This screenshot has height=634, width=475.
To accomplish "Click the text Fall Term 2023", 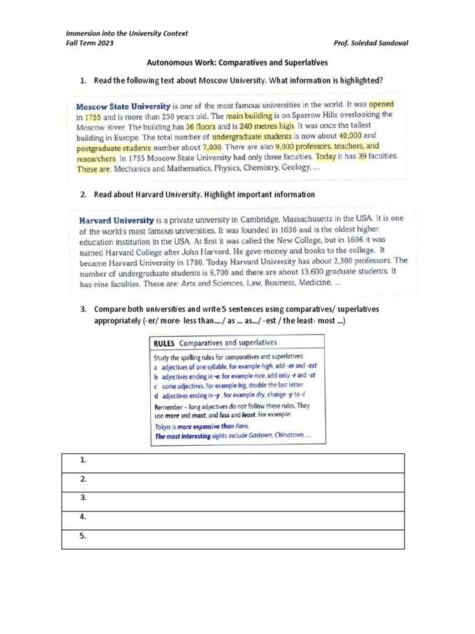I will coord(90,44).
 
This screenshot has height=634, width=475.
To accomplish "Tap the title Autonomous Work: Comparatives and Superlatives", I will coord(237,63).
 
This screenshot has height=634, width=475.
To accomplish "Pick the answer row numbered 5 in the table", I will coord(233,539).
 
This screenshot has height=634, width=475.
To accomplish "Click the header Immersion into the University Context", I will coord(127,33).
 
